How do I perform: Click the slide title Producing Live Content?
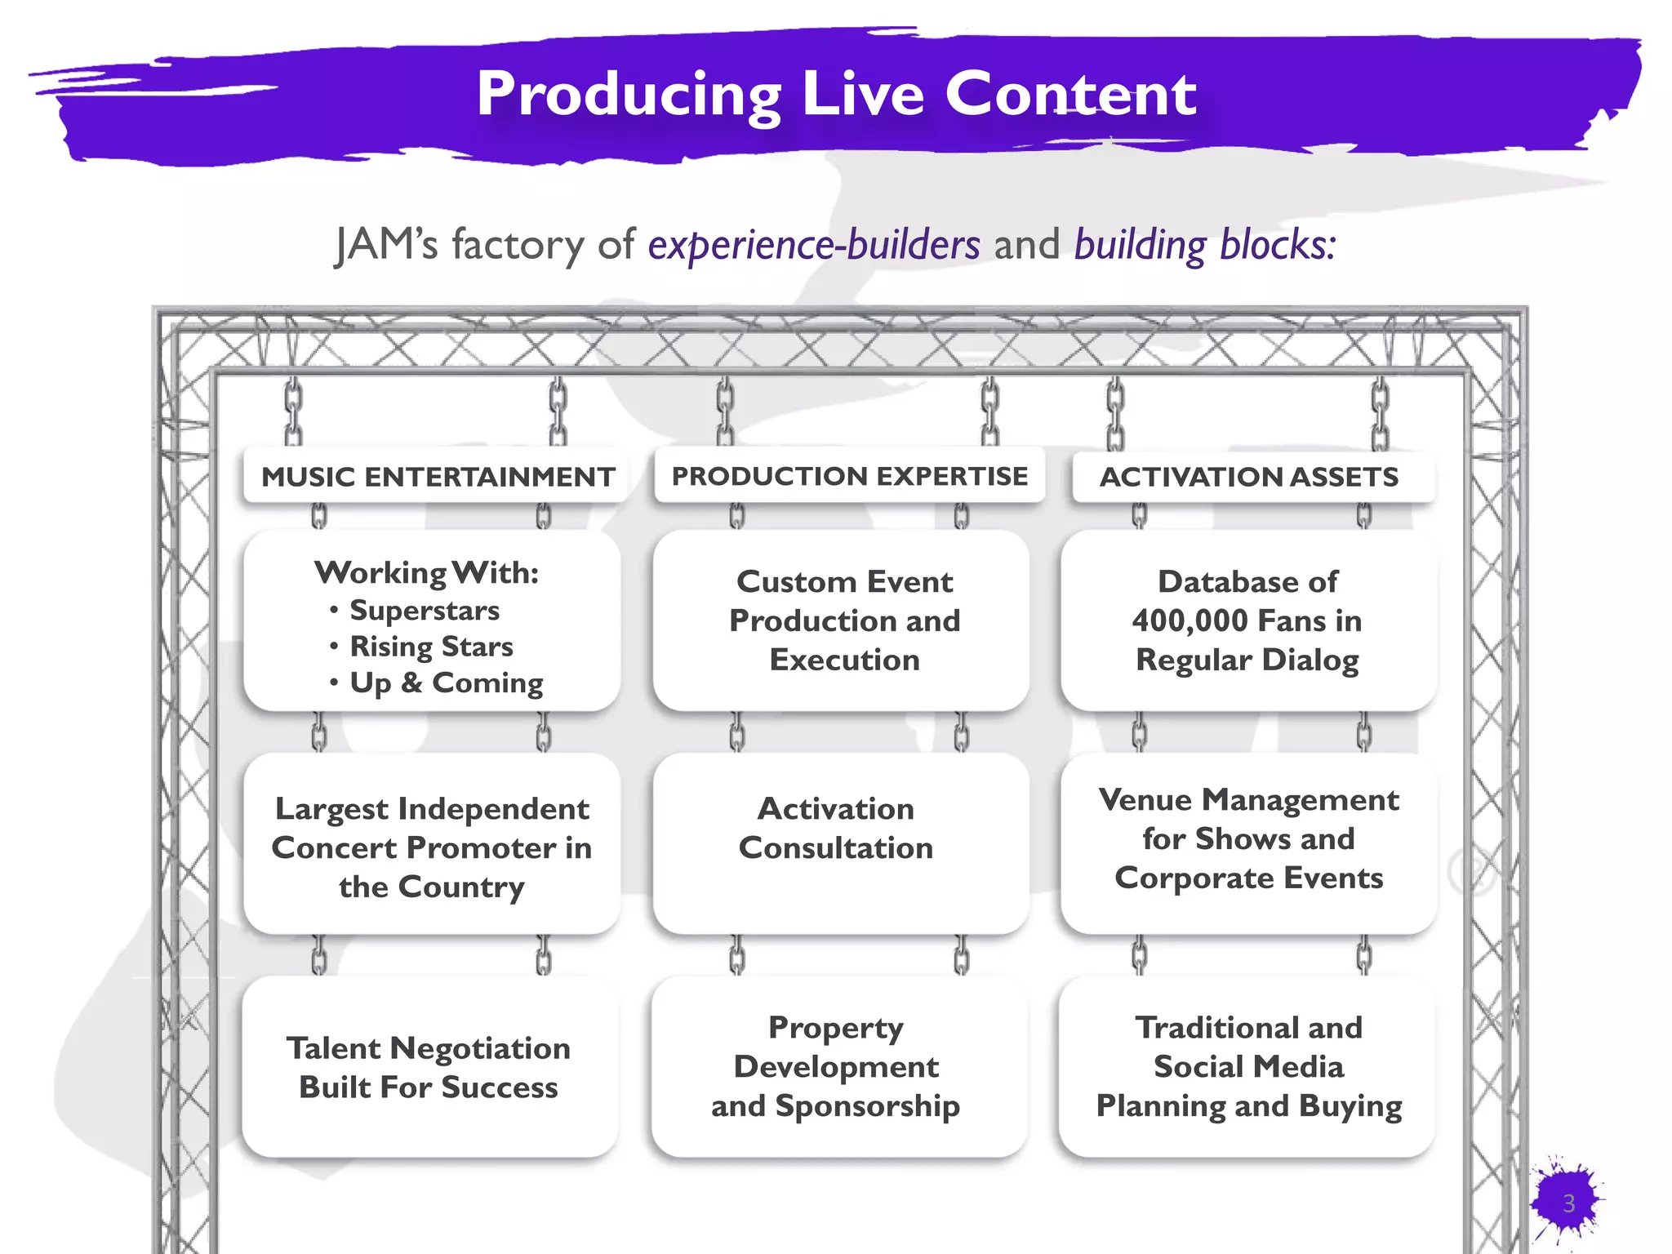tap(836, 94)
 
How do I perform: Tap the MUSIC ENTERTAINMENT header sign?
tap(438, 477)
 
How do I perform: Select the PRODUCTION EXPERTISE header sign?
tap(849, 476)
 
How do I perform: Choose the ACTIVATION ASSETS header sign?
tap(1248, 477)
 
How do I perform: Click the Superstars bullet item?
tap(424, 611)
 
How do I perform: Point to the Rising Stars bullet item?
tap(431, 647)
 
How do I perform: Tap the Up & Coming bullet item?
tap(446, 683)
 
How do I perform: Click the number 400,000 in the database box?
tap(1188, 621)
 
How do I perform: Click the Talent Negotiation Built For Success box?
tap(429, 1067)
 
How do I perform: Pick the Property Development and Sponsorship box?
tap(836, 1066)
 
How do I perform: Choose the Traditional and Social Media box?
tap(1248, 1066)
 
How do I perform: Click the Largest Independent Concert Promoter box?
tap(431, 847)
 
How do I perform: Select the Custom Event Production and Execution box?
tap(844, 620)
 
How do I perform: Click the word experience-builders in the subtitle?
tap(814, 245)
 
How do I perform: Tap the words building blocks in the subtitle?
tap(1204, 245)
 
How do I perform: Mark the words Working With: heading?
tap(427, 573)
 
